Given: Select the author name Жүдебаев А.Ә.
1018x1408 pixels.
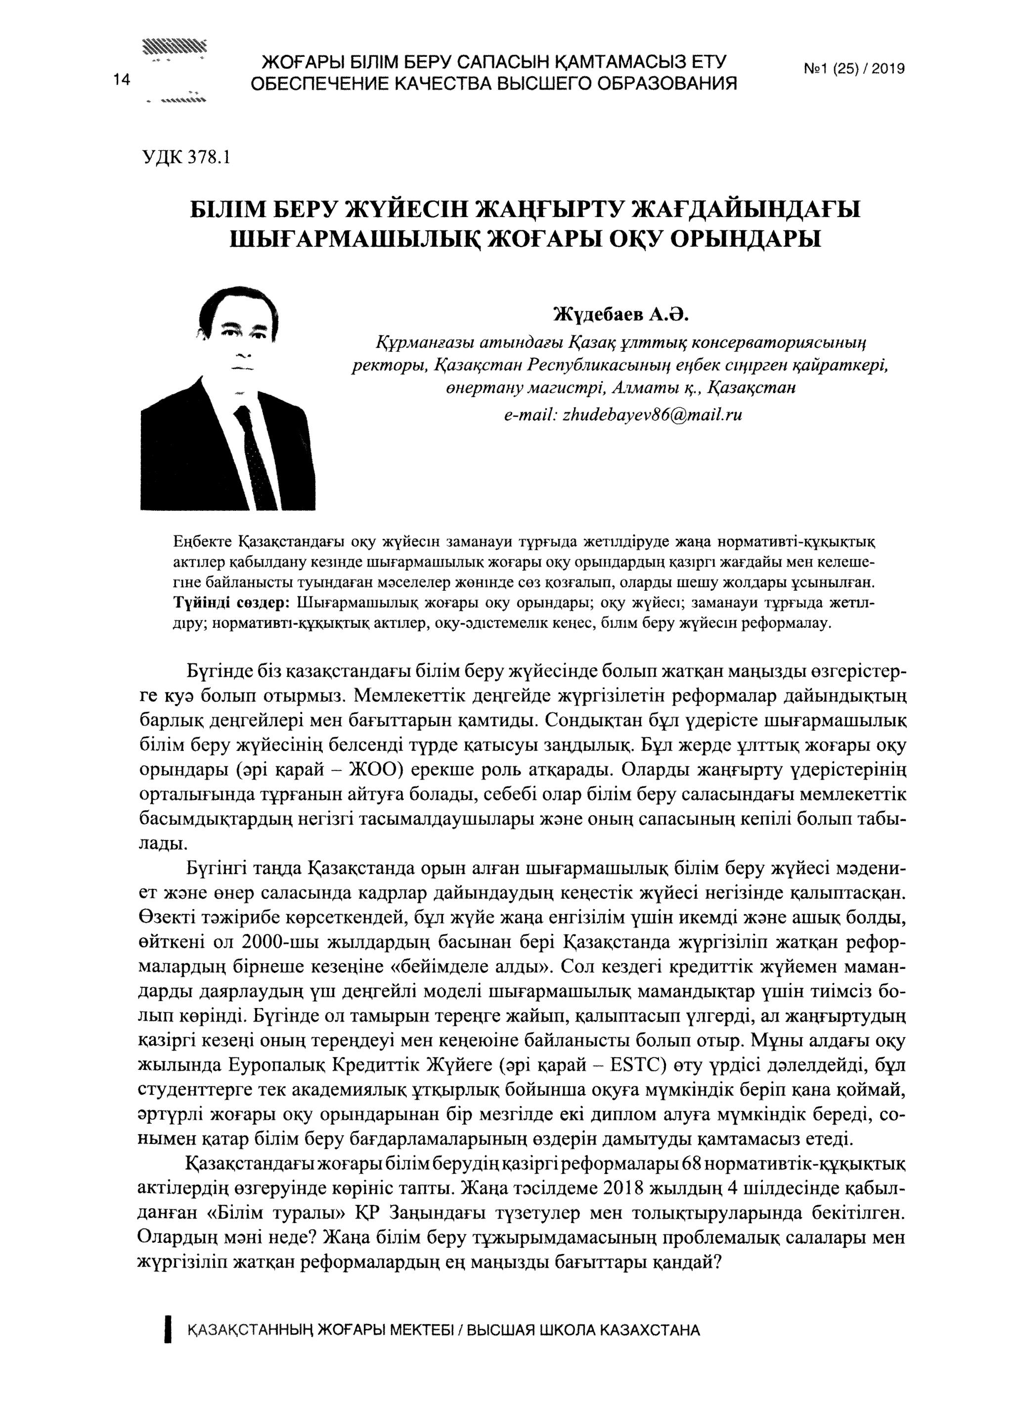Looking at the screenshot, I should coord(621,315).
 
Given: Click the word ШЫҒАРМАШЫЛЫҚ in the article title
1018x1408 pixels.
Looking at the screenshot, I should coord(355,238).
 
